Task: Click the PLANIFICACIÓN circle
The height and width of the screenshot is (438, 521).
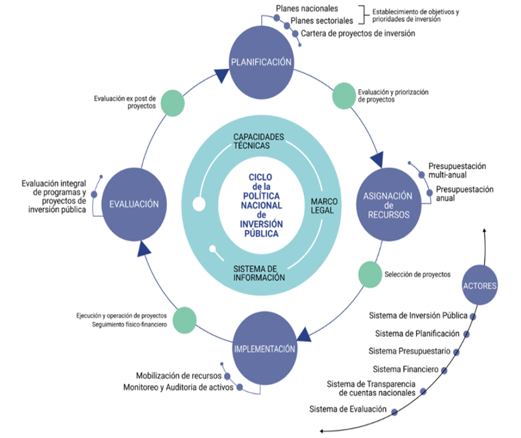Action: point(261,62)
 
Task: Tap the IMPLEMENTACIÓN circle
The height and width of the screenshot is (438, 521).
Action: point(264,349)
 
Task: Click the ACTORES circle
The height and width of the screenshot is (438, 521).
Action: point(479,285)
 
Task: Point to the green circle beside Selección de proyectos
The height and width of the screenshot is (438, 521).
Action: point(369,275)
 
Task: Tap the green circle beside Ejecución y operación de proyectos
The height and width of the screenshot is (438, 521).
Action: point(185,320)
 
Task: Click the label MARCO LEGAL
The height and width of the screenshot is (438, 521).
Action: point(322,206)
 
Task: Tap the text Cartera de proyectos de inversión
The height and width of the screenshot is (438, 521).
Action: point(358,34)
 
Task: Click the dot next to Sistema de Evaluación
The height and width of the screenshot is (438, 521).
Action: point(394,412)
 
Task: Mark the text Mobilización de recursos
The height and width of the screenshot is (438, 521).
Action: point(179,375)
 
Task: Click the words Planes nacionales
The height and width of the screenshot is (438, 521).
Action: point(307,9)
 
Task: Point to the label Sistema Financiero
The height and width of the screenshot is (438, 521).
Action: point(406,369)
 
